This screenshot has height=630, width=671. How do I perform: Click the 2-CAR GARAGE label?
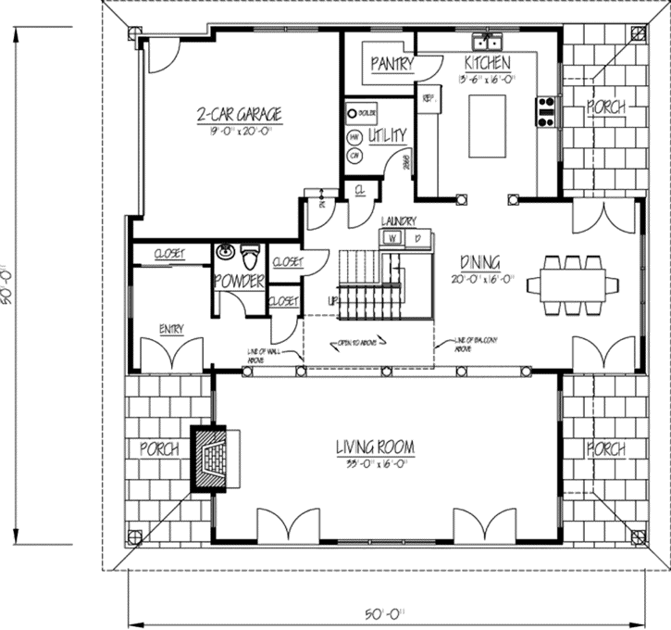coord(239,116)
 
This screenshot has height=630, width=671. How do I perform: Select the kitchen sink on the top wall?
coord(487,42)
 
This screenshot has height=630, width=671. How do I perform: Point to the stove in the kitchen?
coord(545,111)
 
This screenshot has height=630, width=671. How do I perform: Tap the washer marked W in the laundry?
coord(391,238)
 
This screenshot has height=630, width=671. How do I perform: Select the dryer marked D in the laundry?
coord(416,238)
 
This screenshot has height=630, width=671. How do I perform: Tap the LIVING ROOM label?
coord(375,448)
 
